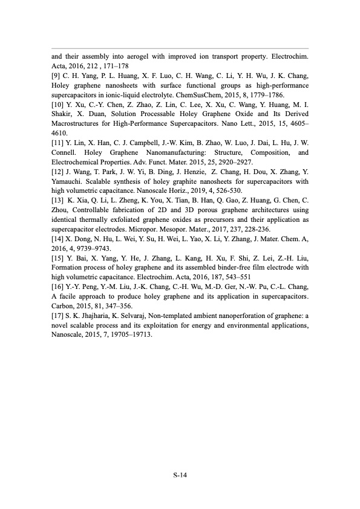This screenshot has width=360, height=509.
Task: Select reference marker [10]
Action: [x=59, y=106]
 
